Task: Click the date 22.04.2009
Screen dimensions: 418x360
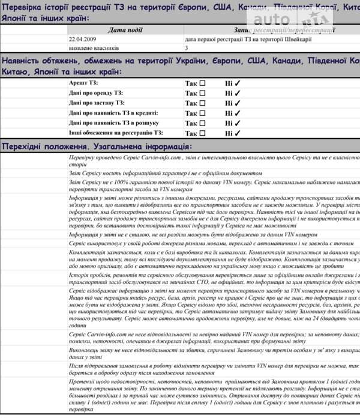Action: point(82,38)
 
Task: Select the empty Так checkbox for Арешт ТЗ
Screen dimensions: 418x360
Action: point(202,83)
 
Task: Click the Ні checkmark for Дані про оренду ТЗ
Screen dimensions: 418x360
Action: point(238,93)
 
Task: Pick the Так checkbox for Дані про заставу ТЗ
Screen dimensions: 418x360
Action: point(202,103)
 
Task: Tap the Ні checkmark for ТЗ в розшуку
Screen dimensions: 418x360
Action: point(238,123)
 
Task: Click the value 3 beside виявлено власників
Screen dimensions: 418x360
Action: point(187,47)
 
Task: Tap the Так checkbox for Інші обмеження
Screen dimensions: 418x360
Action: point(202,133)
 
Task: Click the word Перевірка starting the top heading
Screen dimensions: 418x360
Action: point(24,8)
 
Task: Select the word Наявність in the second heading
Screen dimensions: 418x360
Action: point(25,62)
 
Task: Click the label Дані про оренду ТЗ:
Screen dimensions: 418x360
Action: point(96,92)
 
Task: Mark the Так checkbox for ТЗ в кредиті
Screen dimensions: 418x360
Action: point(202,113)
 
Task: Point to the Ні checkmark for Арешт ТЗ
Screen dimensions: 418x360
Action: point(238,83)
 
